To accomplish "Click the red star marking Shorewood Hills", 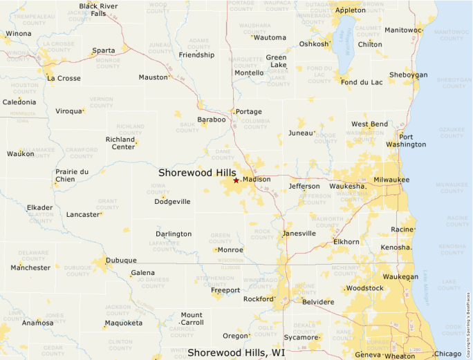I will pos(236,180).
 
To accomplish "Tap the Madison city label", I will pos(257,180).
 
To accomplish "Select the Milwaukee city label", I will pos(391,180).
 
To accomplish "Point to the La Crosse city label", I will pos(64,78).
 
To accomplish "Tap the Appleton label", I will pos(350,10).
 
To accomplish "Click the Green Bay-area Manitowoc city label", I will pos(402,30).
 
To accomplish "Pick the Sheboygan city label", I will pos(408,75).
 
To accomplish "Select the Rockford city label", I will pos(259,299).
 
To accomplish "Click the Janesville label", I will pos(299,234).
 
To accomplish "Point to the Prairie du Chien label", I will pos(72,176).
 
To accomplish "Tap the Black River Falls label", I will pos(98,9).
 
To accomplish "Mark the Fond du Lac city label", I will pos(362,82).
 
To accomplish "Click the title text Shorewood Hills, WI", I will pos(236,352).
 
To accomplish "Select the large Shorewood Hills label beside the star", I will pos(197,172).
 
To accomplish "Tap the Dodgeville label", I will pos(172,202).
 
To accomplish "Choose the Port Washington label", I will pos(406,140).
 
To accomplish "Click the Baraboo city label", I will pos(212,120).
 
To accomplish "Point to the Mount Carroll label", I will pos(192,319).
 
